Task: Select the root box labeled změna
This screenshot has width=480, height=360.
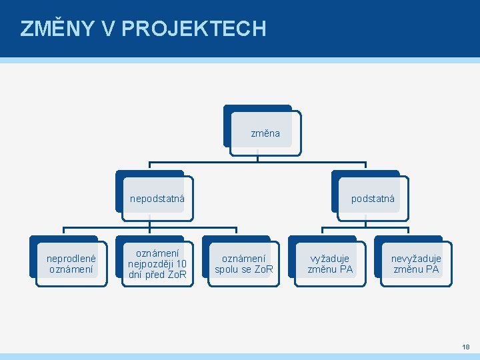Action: (265, 133)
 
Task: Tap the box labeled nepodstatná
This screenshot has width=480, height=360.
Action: (157, 199)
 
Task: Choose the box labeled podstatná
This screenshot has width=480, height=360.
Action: (373, 199)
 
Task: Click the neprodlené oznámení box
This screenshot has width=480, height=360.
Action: (71, 264)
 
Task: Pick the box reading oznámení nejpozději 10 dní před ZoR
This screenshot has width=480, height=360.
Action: (157, 264)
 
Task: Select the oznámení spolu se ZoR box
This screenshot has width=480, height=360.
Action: (243, 264)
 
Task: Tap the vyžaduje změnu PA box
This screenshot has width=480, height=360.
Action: (330, 264)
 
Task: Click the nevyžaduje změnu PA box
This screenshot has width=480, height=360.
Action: (416, 264)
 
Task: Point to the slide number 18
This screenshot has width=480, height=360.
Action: (465, 347)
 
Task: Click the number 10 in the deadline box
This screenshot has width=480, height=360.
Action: (181, 264)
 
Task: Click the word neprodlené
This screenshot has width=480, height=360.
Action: (71, 259)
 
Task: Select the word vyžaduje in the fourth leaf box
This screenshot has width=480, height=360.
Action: (330, 259)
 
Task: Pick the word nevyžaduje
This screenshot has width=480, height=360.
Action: (416, 259)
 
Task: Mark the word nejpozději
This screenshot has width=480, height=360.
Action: (151, 264)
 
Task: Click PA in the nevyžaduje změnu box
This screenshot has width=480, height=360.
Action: (432, 269)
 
